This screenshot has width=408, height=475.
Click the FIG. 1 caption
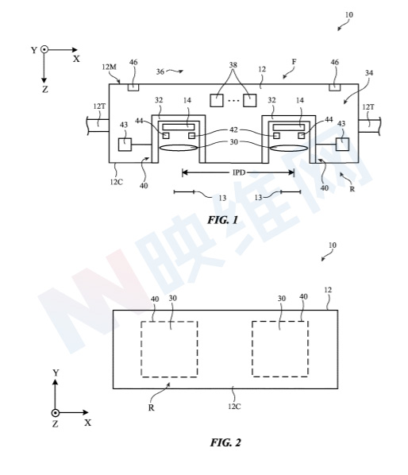point(223,220)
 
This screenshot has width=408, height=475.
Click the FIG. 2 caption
point(225,442)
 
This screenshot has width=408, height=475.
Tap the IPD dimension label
point(239,172)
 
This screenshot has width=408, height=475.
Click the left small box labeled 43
point(125,145)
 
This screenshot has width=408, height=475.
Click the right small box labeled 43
point(342,144)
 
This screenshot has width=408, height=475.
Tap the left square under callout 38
point(217,101)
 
